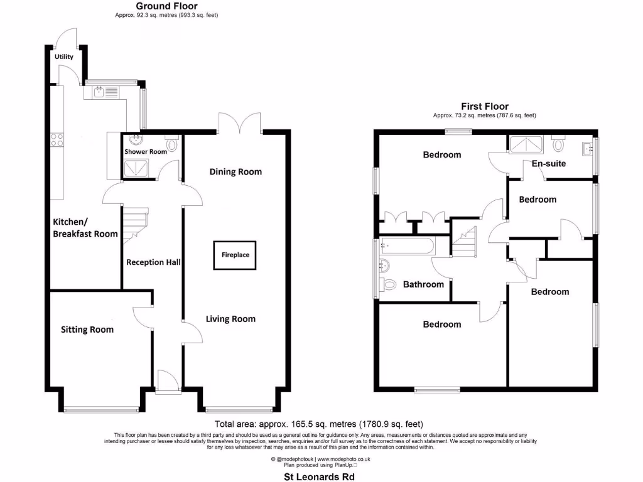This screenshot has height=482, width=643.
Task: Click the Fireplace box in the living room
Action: point(235,255)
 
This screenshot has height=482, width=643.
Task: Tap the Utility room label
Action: point(63,56)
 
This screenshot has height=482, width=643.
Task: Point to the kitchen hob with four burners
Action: point(57,139)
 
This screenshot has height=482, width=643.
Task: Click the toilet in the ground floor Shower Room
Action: point(171,143)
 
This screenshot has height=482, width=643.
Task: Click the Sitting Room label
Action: point(87,329)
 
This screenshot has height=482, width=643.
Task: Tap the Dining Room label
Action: point(235,171)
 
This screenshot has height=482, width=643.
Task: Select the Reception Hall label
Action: point(153,262)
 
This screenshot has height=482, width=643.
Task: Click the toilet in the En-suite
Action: point(558,145)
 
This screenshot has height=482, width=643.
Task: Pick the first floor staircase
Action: point(465,242)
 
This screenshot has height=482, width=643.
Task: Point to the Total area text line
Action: point(323,424)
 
